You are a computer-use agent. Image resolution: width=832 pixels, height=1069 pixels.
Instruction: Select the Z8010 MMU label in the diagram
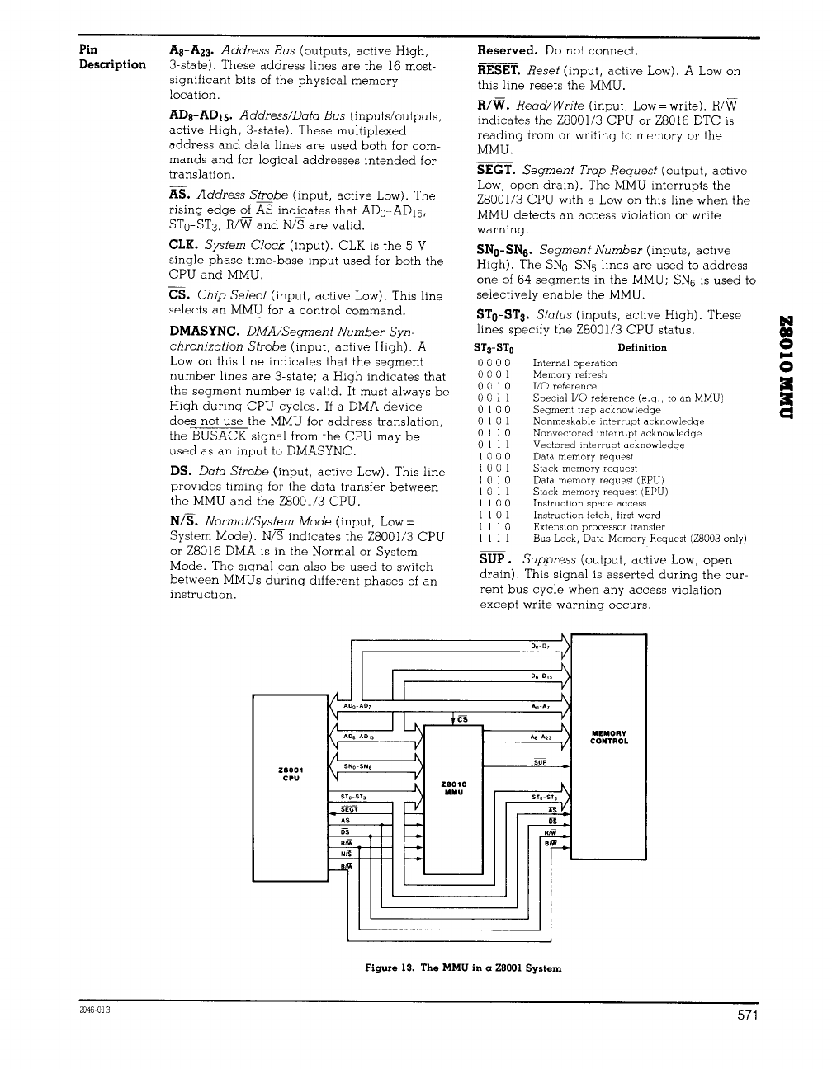(454, 788)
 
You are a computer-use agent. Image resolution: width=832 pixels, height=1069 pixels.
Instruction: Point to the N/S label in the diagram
(347, 855)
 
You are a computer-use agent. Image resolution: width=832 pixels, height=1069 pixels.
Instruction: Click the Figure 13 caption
(463, 968)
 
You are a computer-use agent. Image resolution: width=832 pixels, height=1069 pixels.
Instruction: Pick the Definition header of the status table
(641, 347)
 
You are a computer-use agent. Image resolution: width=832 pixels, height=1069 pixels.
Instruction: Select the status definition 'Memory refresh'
(570, 374)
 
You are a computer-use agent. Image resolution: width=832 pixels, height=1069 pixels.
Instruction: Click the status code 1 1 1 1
(494, 539)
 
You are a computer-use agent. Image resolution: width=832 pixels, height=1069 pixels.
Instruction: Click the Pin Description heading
(111, 57)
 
